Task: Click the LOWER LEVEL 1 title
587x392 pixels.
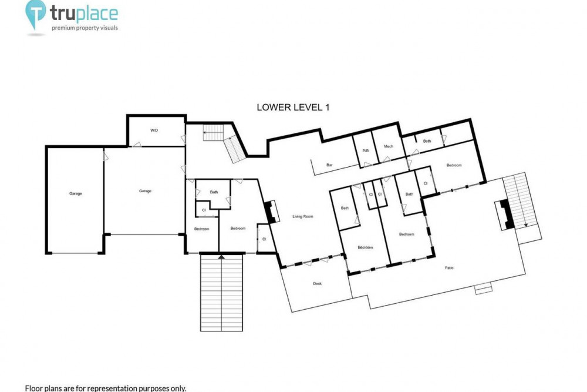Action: pyautogui.click(x=293, y=107)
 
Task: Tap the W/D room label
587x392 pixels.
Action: pyautogui.click(x=154, y=130)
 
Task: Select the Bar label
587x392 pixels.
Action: pyautogui.click(x=329, y=165)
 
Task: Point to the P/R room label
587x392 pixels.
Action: pyautogui.click(x=365, y=151)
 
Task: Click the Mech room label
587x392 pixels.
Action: pyautogui.click(x=388, y=146)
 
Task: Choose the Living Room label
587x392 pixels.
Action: pyautogui.click(x=302, y=217)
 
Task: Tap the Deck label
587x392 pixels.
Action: pyautogui.click(x=317, y=284)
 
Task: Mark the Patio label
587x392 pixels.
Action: pyautogui.click(x=449, y=267)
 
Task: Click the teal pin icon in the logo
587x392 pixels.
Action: pyautogui.click(x=36, y=14)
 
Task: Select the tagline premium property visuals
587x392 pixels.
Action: pyautogui.click(x=85, y=28)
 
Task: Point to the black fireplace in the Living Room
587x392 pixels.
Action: pyautogui.click(x=269, y=213)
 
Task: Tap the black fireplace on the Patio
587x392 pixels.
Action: pyautogui.click(x=507, y=215)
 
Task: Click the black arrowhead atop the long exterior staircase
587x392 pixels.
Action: pyautogui.click(x=221, y=257)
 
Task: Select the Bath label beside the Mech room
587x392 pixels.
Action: pyautogui.click(x=427, y=141)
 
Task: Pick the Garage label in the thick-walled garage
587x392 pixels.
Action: pyautogui.click(x=75, y=194)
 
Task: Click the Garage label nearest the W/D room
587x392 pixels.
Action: pyautogui.click(x=145, y=191)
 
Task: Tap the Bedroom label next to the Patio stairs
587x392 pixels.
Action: pyautogui.click(x=454, y=165)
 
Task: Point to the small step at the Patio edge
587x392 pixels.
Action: pyautogui.click(x=483, y=289)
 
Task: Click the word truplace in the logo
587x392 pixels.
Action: pyautogui.click(x=84, y=14)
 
